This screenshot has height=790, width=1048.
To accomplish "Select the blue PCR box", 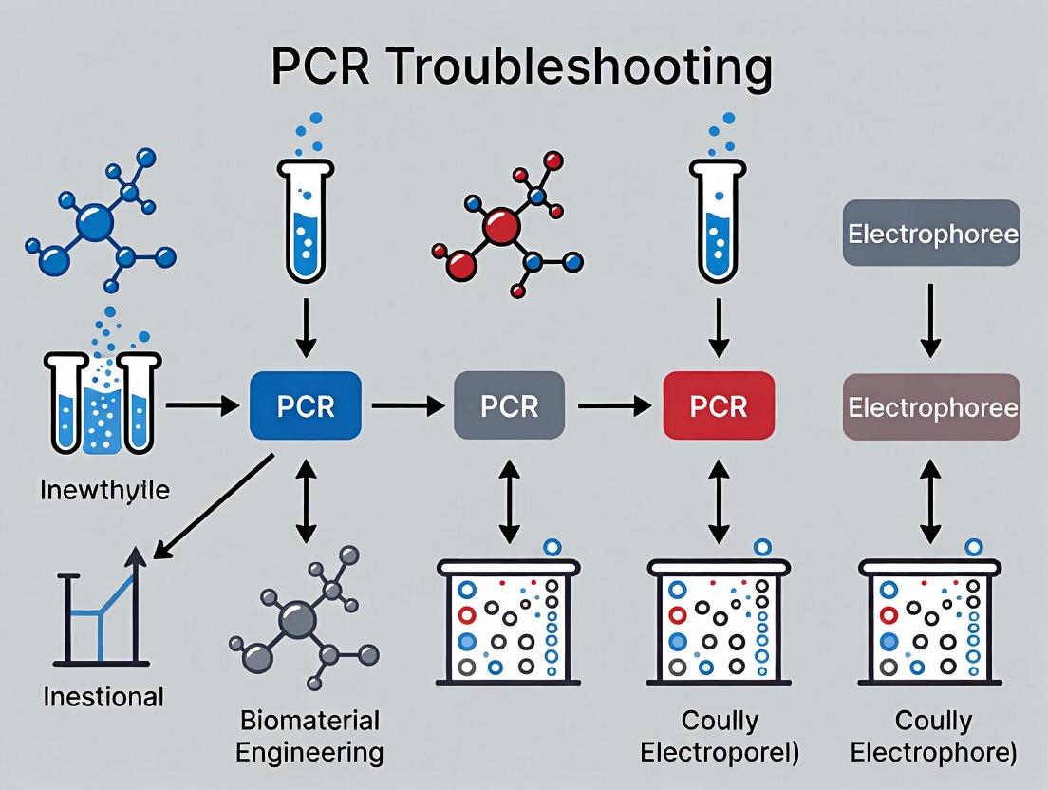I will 305,406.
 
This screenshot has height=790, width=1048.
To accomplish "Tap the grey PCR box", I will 509,406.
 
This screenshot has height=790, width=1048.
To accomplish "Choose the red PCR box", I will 719,406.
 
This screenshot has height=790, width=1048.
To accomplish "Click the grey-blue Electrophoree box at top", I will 931,234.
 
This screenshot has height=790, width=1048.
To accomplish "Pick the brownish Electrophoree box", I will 931,407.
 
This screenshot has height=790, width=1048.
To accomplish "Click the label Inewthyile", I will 105,491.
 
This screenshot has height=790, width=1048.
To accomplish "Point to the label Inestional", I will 103,696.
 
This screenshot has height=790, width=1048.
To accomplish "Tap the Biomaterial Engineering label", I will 309,736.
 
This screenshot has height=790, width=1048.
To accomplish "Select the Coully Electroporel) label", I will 720,736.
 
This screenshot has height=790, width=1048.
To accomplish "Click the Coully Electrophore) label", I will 933,736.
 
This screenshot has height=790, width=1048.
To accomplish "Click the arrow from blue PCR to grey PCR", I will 407,406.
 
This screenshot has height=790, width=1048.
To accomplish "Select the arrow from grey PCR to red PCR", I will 613,406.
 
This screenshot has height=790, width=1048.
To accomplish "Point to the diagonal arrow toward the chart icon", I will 214,508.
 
